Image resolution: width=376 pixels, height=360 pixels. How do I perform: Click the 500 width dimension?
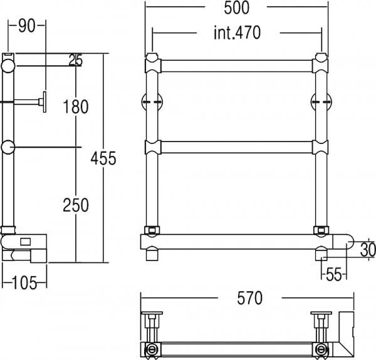pyautogui.click(x=236, y=8)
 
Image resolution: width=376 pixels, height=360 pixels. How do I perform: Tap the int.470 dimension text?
pyautogui.click(x=237, y=33)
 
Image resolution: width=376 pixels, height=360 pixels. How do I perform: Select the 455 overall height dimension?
pyautogui.click(x=103, y=158)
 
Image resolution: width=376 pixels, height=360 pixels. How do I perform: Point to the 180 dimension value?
pyautogui.click(x=76, y=106)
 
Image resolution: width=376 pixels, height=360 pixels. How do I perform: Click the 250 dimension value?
pyautogui.click(x=76, y=205)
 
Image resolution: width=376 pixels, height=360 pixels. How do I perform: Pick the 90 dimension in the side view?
pyautogui.click(x=26, y=26)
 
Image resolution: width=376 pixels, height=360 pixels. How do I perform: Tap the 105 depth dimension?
pyautogui.click(x=24, y=283)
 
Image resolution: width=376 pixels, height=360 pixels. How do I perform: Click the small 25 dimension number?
pyautogui.click(x=76, y=60)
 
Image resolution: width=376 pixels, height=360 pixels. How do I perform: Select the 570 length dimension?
pyautogui.click(x=250, y=298)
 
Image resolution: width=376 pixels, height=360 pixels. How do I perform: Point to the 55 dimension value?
pyautogui.click(x=334, y=274)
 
